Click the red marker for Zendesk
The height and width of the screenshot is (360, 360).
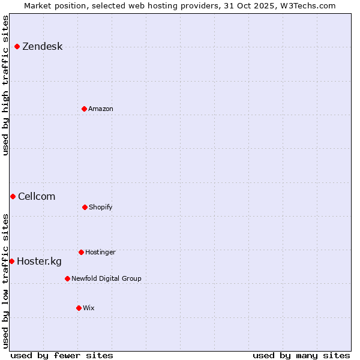point(17,47)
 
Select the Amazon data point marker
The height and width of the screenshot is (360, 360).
point(84,109)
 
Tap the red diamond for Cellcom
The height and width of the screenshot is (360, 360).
point(13,196)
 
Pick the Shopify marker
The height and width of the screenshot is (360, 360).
point(85,207)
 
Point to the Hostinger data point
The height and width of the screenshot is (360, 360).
point(81,252)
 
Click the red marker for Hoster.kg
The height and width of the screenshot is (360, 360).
point(11,261)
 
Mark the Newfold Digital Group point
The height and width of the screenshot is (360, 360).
point(67,278)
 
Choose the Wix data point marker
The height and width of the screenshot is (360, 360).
point(79,308)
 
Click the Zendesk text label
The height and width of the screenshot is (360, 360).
point(42,47)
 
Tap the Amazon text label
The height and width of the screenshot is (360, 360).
point(101,109)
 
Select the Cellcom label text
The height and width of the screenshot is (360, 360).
point(37,196)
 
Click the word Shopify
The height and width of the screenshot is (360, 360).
point(101,207)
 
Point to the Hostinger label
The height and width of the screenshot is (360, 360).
point(100,252)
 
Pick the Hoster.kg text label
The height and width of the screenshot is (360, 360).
point(39,261)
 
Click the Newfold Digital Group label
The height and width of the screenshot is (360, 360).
point(106,278)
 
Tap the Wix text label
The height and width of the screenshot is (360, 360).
point(89,308)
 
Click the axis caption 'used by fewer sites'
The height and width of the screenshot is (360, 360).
point(62,356)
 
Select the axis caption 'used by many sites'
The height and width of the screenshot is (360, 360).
point(301,356)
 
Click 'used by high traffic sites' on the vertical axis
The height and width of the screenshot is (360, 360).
point(6,85)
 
